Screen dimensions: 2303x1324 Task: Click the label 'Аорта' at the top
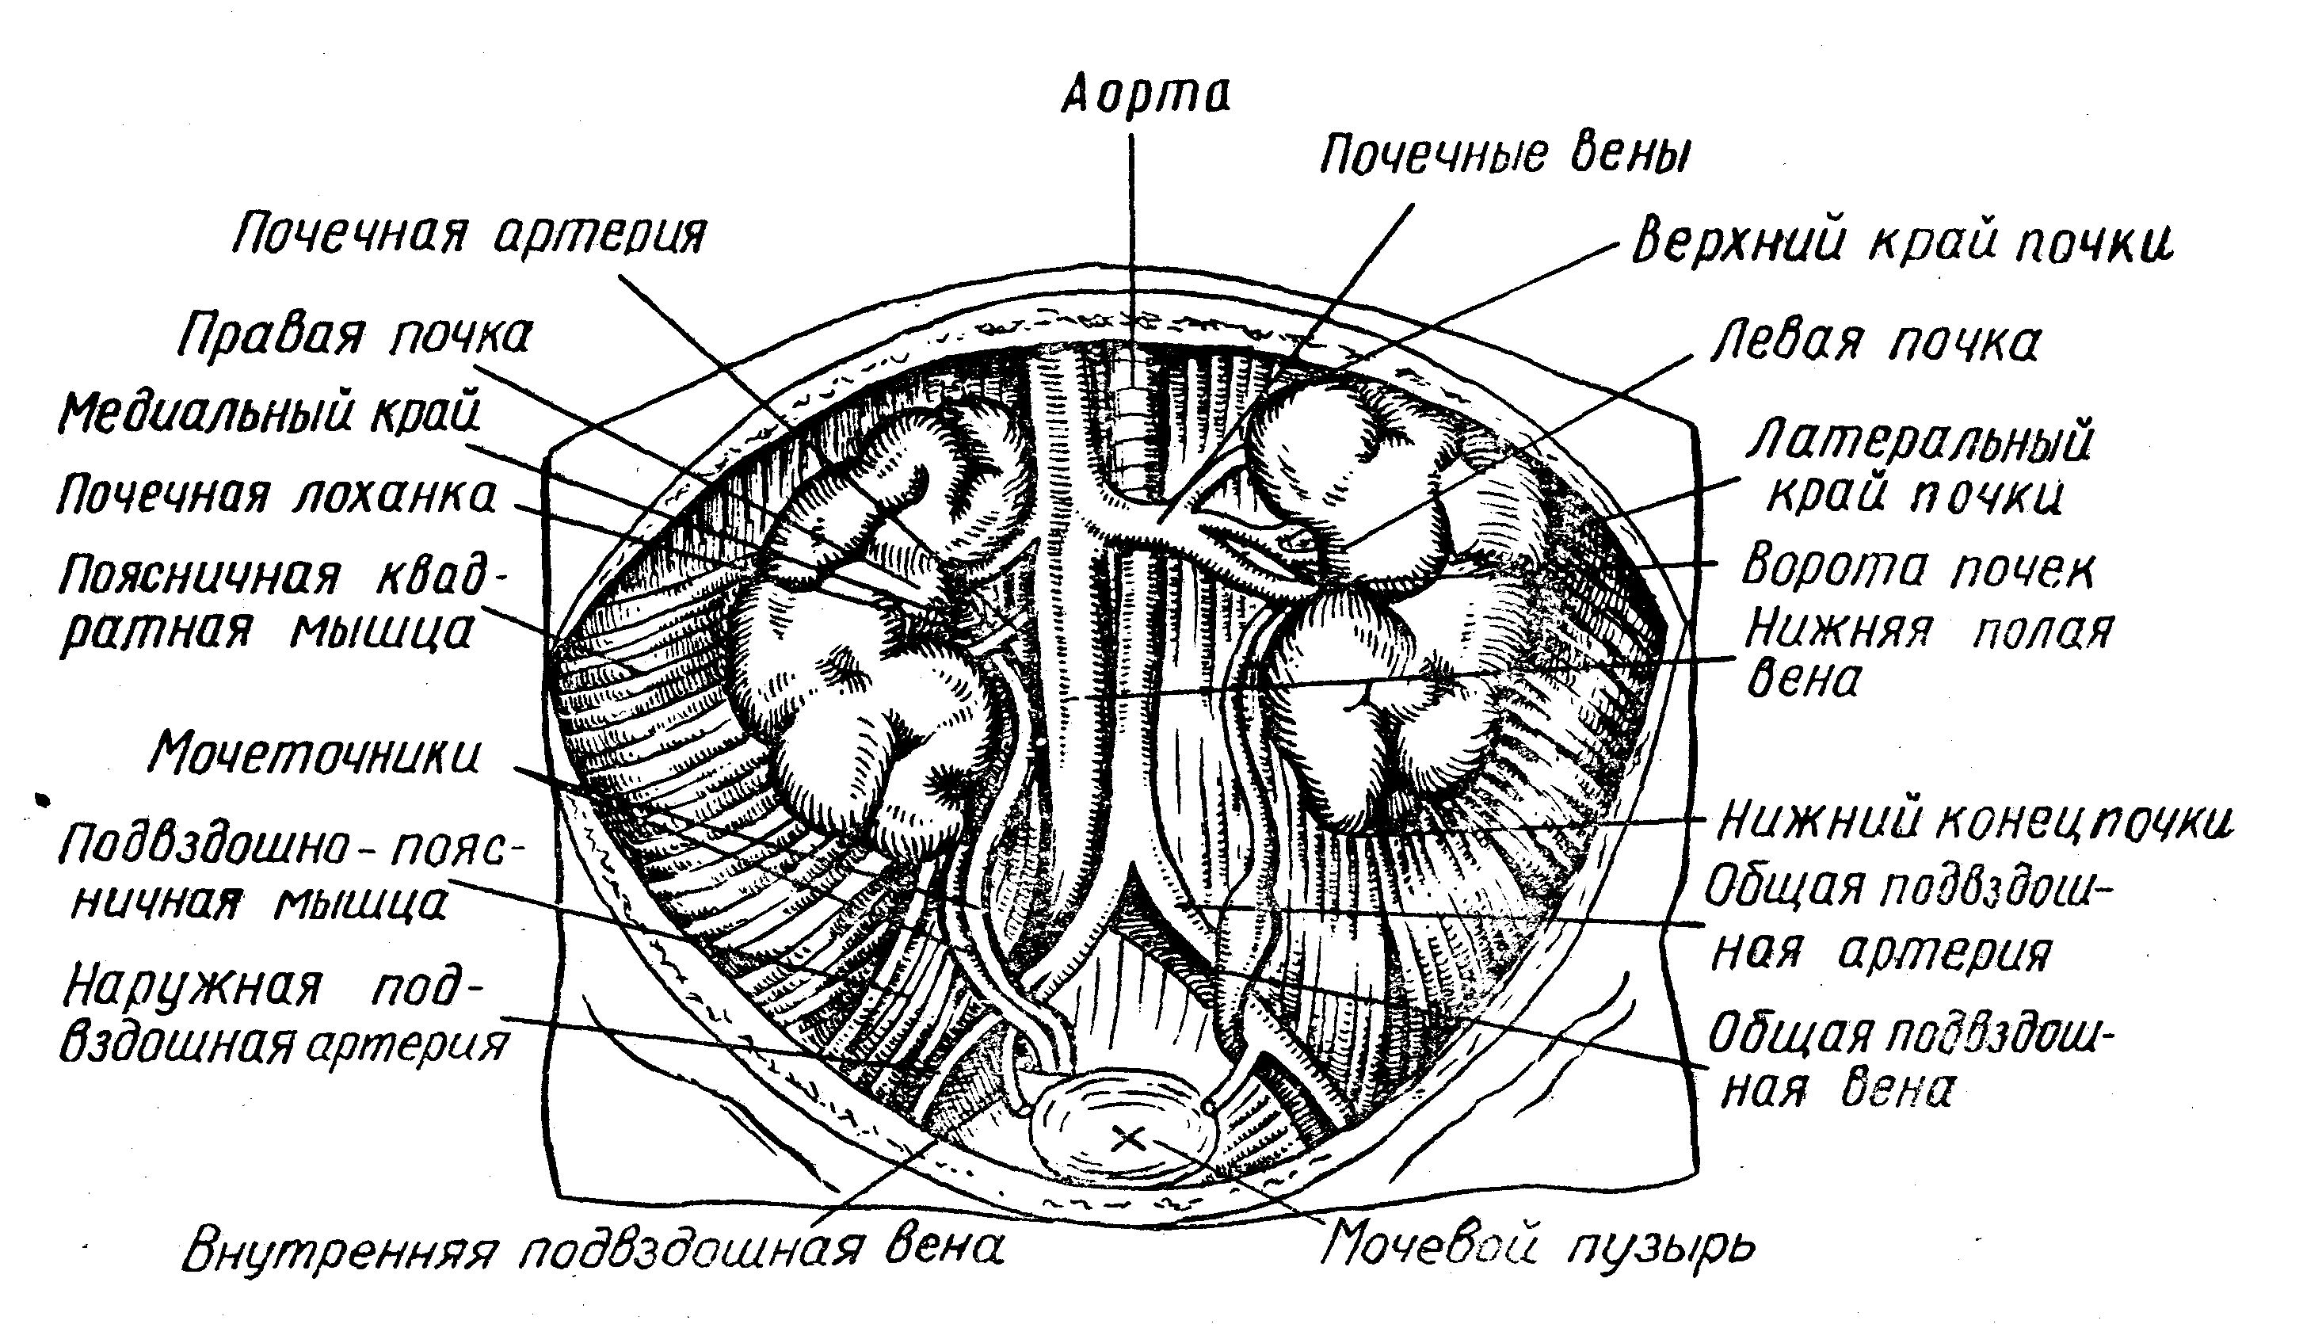point(1146,96)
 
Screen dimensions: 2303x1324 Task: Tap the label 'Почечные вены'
point(1504,155)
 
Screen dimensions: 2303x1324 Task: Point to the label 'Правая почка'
point(355,337)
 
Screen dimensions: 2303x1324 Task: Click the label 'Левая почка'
point(1874,344)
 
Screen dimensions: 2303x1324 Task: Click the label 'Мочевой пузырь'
point(1537,1248)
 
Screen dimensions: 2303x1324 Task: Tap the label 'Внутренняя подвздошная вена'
point(593,1251)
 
